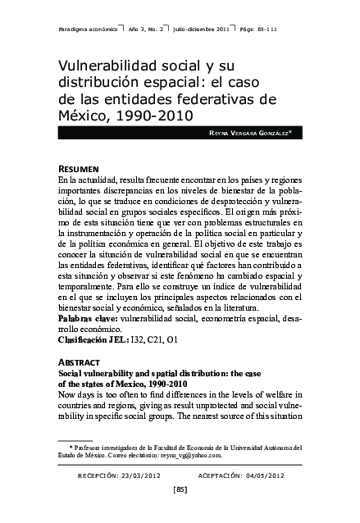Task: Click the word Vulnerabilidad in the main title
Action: click(x=102, y=65)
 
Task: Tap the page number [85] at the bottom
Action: click(x=180, y=490)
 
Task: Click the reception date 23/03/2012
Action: click(x=140, y=475)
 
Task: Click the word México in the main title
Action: click(x=84, y=114)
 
